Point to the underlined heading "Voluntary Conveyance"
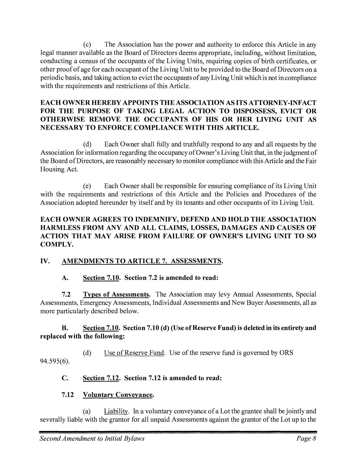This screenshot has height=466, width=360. (118, 395)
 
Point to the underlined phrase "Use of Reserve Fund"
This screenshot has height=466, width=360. (134, 353)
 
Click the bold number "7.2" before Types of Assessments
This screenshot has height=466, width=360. (66, 295)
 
